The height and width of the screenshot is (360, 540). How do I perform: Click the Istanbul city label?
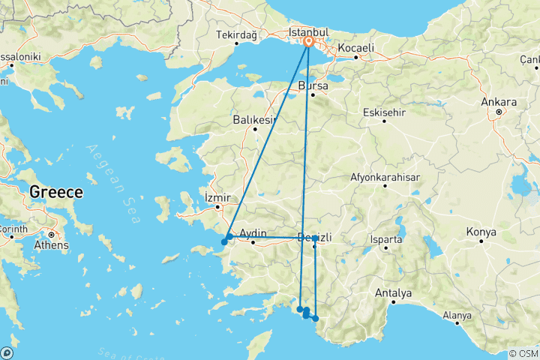(x=309, y=33)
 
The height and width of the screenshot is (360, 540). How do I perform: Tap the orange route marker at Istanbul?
(x=308, y=43)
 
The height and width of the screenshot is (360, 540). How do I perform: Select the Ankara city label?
(x=499, y=102)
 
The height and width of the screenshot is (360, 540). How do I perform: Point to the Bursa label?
(x=313, y=85)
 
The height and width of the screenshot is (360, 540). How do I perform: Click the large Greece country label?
(x=55, y=193)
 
